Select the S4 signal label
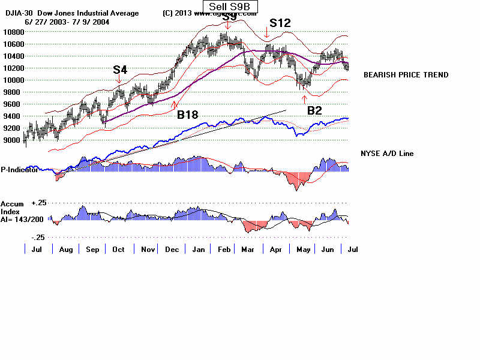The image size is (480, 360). click(120, 70)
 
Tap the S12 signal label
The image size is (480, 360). click(280, 23)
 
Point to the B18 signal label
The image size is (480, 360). click(188, 114)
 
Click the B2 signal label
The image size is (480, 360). click(314, 110)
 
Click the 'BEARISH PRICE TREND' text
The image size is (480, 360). click(406, 75)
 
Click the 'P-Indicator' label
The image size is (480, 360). click(19, 170)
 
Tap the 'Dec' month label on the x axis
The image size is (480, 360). click(172, 249)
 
